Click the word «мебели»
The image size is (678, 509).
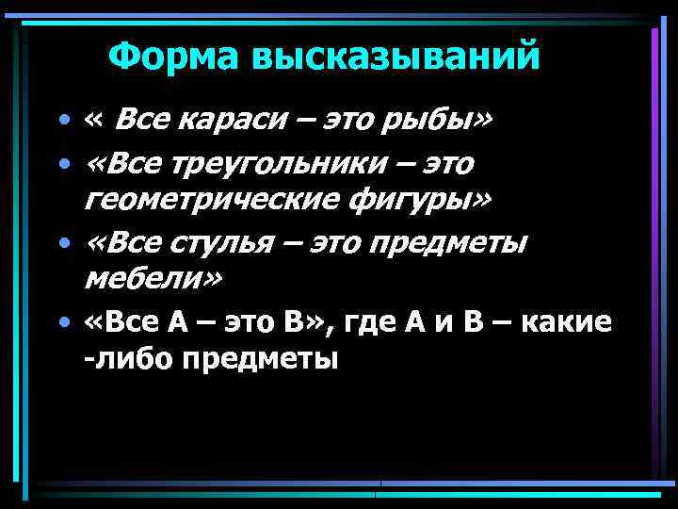[x=149, y=279]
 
